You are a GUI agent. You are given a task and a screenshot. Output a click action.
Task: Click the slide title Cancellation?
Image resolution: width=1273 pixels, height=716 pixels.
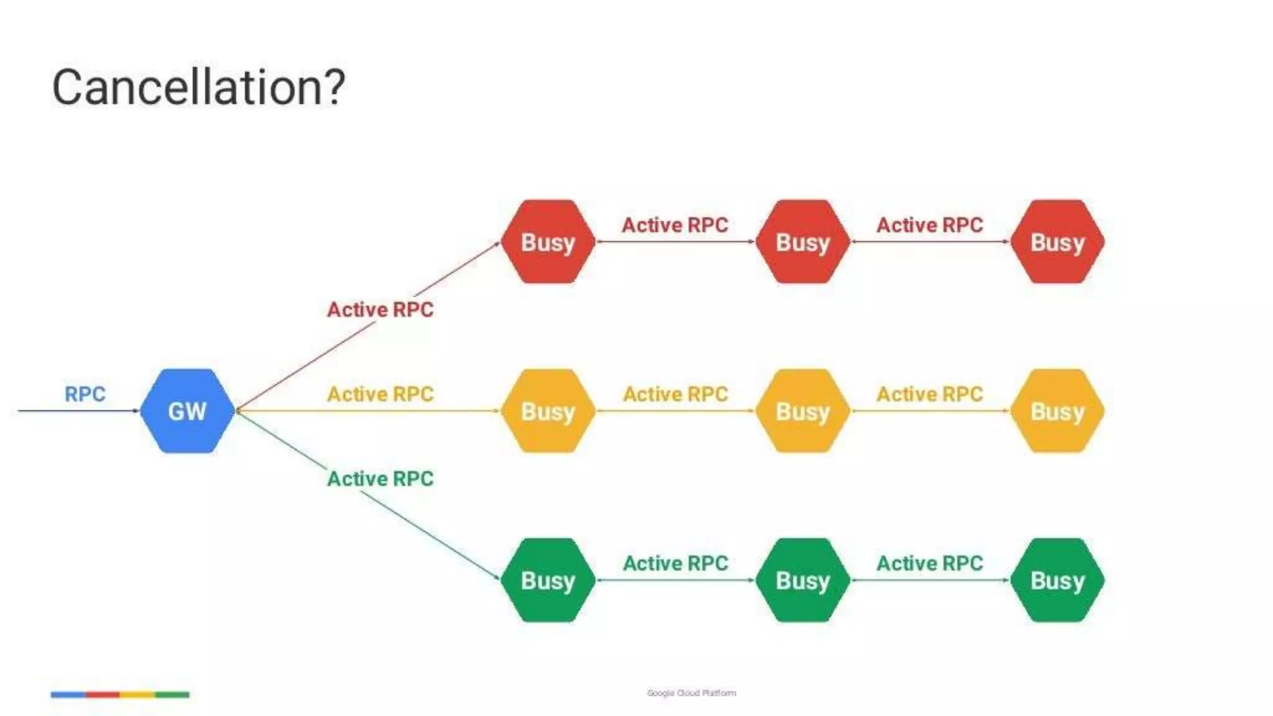point(198,87)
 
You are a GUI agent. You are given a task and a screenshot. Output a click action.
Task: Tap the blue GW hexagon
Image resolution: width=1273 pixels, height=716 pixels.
point(187,411)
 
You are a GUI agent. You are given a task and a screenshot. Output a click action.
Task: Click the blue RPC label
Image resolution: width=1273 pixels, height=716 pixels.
point(85,394)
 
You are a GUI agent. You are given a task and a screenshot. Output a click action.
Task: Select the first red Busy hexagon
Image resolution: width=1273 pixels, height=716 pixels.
point(548,242)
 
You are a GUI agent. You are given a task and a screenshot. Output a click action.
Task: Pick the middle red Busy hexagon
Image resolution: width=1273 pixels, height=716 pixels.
point(802,242)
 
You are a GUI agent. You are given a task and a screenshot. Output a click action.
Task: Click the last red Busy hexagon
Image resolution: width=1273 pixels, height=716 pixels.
point(1057,242)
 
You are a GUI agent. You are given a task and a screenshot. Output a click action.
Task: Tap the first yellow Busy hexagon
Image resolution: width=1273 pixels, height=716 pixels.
point(548,411)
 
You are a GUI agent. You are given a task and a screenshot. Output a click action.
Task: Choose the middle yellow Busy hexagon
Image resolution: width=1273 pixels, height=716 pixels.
point(802,411)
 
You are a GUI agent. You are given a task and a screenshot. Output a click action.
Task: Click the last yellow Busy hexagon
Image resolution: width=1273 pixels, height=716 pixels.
point(1057,411)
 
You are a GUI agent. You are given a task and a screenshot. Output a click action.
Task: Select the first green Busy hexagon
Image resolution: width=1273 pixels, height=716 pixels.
point(548,580)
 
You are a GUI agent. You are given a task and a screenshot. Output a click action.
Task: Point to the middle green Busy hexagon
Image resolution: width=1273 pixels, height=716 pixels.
point(802,580)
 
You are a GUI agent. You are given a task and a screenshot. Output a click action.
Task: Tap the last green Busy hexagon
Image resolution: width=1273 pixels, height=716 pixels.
point(1057,580)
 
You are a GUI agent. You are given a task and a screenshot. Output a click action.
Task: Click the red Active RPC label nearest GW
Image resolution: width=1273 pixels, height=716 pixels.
point(380,310)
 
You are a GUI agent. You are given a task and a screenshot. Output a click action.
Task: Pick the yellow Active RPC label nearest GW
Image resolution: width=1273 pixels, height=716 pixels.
point(380,394)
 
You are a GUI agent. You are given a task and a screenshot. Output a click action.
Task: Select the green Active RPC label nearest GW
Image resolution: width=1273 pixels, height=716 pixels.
point(380,479)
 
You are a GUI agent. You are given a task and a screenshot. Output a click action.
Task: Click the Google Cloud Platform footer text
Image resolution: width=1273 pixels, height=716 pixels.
point(691,693)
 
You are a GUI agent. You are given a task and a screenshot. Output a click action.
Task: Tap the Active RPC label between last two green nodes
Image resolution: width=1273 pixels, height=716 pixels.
point(930,563)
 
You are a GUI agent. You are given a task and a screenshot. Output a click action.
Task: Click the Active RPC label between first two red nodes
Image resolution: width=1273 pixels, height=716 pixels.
point(675,225)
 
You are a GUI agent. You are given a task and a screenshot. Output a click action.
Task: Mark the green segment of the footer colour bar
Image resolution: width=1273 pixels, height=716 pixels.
point(172,694)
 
